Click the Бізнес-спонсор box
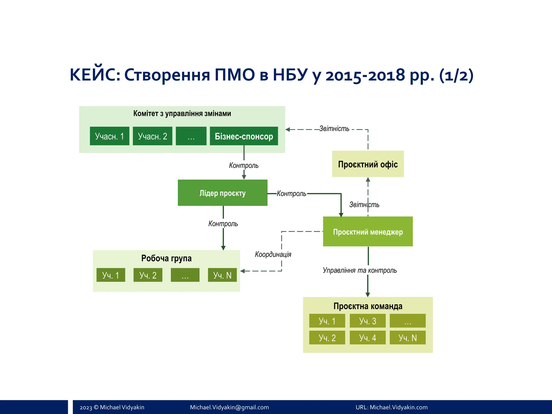coord(244,136)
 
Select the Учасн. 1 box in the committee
coord(109,136)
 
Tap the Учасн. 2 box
coord(152,136)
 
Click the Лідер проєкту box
coord(222,193)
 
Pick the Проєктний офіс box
coord(368,164)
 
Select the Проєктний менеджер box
coord(368,232)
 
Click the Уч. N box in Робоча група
coord(222,275)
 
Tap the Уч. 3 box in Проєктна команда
coord(367,321)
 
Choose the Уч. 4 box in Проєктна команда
coord(367,337)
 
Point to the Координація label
coord(273,254)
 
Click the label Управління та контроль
coord(360,270)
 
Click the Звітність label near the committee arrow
coord(334,129)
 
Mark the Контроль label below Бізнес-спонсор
coord(244,165)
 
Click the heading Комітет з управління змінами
coord(182,113)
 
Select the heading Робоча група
coord(166,258)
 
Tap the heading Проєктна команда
coord(368,306)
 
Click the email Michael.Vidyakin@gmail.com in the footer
coord(229,407)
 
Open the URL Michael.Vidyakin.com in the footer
coord(398,407)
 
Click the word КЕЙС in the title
coord(94,75)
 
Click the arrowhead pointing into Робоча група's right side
coord(242,271)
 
